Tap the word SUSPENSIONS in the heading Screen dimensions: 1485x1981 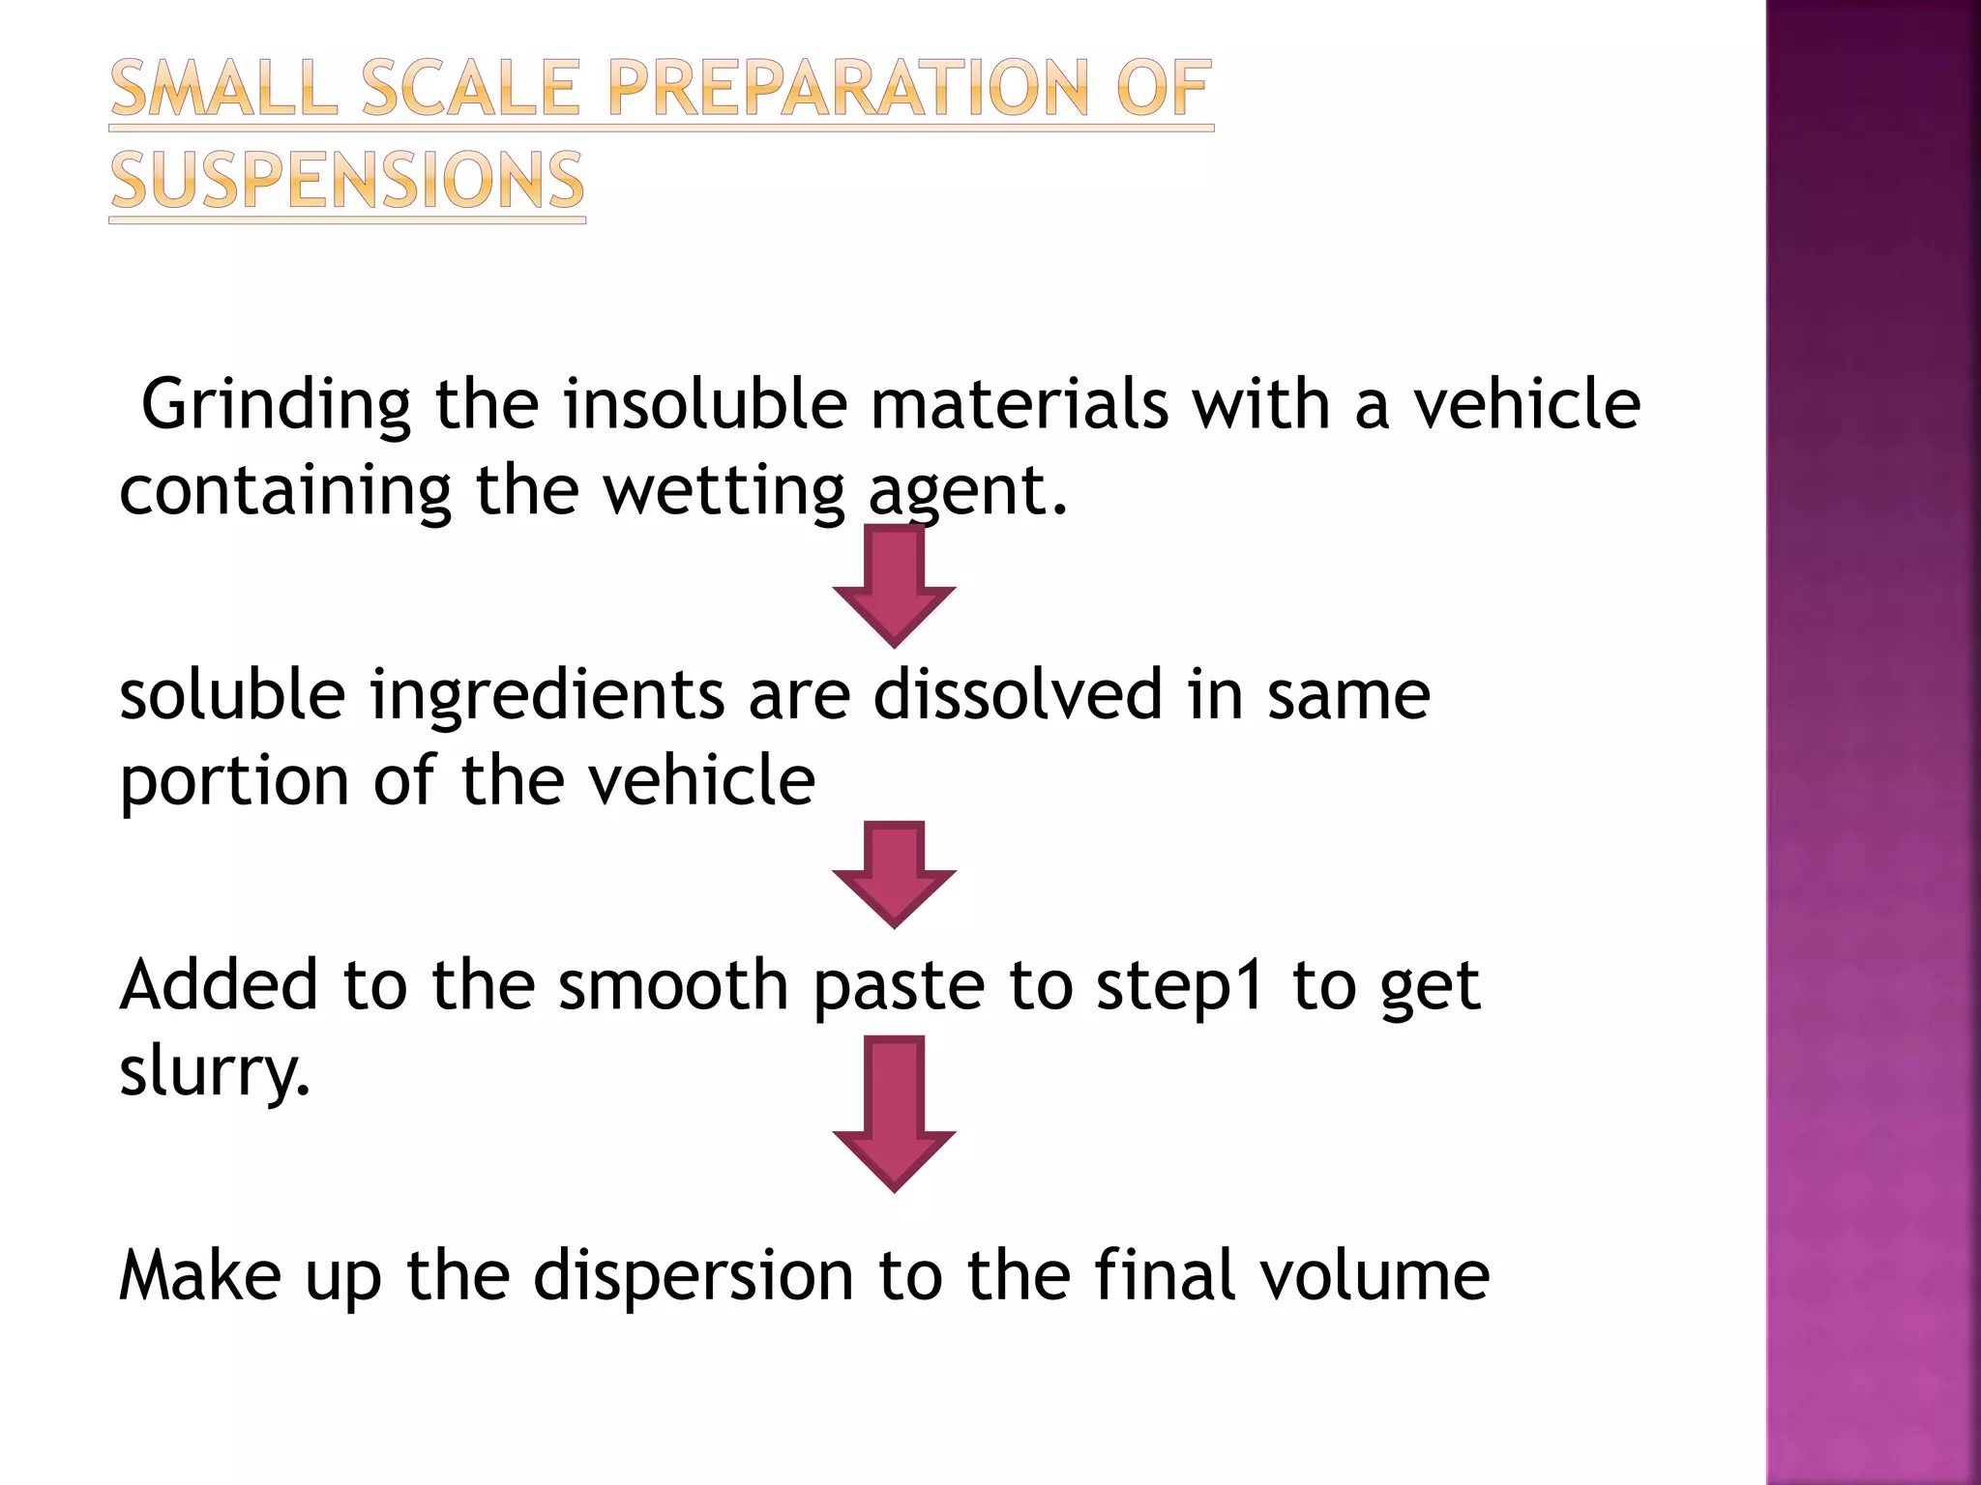pos(346,181)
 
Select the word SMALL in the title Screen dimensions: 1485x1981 pos(224,89)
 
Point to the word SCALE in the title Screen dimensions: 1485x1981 pos(470,89)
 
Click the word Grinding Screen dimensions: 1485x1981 pos(276,406)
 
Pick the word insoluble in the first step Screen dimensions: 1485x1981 pos(706,404)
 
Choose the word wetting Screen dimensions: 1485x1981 pos(724,491)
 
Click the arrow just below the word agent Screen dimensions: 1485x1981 pos(894,584)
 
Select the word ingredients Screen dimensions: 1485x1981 pos(547,696)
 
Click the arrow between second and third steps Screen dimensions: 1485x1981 pos(894,873)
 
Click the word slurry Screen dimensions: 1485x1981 pos(215,1073)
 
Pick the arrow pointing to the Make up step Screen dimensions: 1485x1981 pos(894,1112)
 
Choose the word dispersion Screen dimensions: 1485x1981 pos(694,1276)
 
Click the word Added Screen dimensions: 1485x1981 pos(219,985)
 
